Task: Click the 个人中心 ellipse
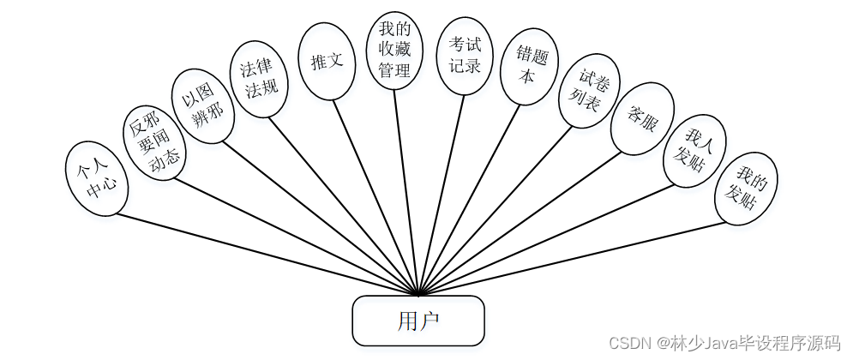[x=97, y=177]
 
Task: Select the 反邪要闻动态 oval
[x=153, y=141]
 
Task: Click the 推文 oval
[x=327, y=61]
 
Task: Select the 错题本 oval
[x=528, y=68]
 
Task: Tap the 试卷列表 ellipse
[x=586, y=96]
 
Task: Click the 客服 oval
[x=641, y=119]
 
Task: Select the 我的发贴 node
[x=746, y=189]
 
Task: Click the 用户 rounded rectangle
[x=418, y=321]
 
